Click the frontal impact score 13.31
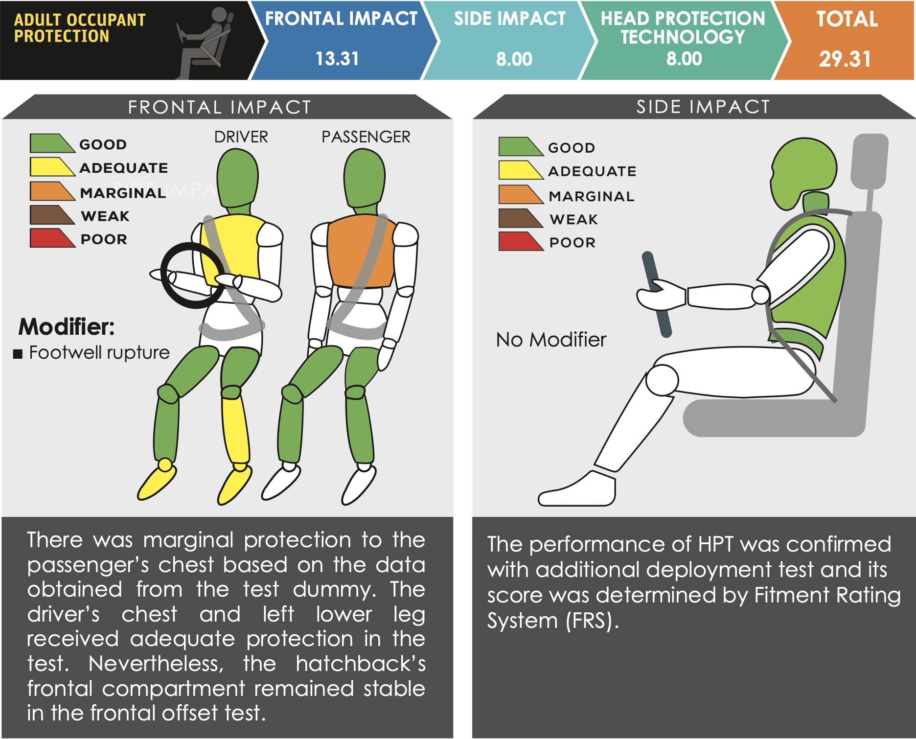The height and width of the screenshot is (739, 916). click(x=337, y=59)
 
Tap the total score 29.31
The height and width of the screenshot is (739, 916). click(x=845, y=59)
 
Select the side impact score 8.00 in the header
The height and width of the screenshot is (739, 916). click(x=514, y=59)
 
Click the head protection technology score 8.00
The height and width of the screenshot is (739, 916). click(x=684, y=59)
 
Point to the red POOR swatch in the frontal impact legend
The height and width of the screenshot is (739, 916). click(x=52, y=238)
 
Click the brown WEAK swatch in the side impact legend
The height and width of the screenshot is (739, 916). click(x=521, y=218)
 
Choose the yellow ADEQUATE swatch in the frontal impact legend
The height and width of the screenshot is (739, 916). click(x=52, y=166)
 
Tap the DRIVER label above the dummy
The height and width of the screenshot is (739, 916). click(x=241, y=137)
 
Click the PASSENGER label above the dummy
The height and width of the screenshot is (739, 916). click(x=366, y=137)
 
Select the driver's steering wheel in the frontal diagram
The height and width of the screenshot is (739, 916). click(x=193, y=276)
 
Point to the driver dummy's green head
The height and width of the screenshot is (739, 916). click(x=238, y=178)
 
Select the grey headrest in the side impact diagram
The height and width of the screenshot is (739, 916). click(x=870, y=162)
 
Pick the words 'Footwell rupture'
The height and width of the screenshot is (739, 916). click(x=99, y=352)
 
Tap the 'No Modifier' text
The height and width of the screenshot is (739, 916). click(x=551, y=340)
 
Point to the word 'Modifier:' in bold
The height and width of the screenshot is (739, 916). click(x=67, y=326)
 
